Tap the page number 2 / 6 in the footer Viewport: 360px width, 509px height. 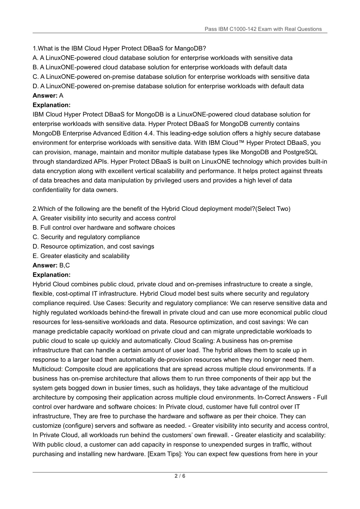[x=180, y=476]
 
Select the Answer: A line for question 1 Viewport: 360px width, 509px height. [x=48, y=95]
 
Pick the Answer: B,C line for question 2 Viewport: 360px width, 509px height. [x=51, y=265]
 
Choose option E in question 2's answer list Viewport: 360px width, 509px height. [x=81, y=256]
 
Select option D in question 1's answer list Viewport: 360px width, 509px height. [x=168, y=86]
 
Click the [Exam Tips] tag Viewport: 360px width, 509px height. [x=164, y=454]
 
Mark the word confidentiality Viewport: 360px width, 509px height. [x=51, y=190]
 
